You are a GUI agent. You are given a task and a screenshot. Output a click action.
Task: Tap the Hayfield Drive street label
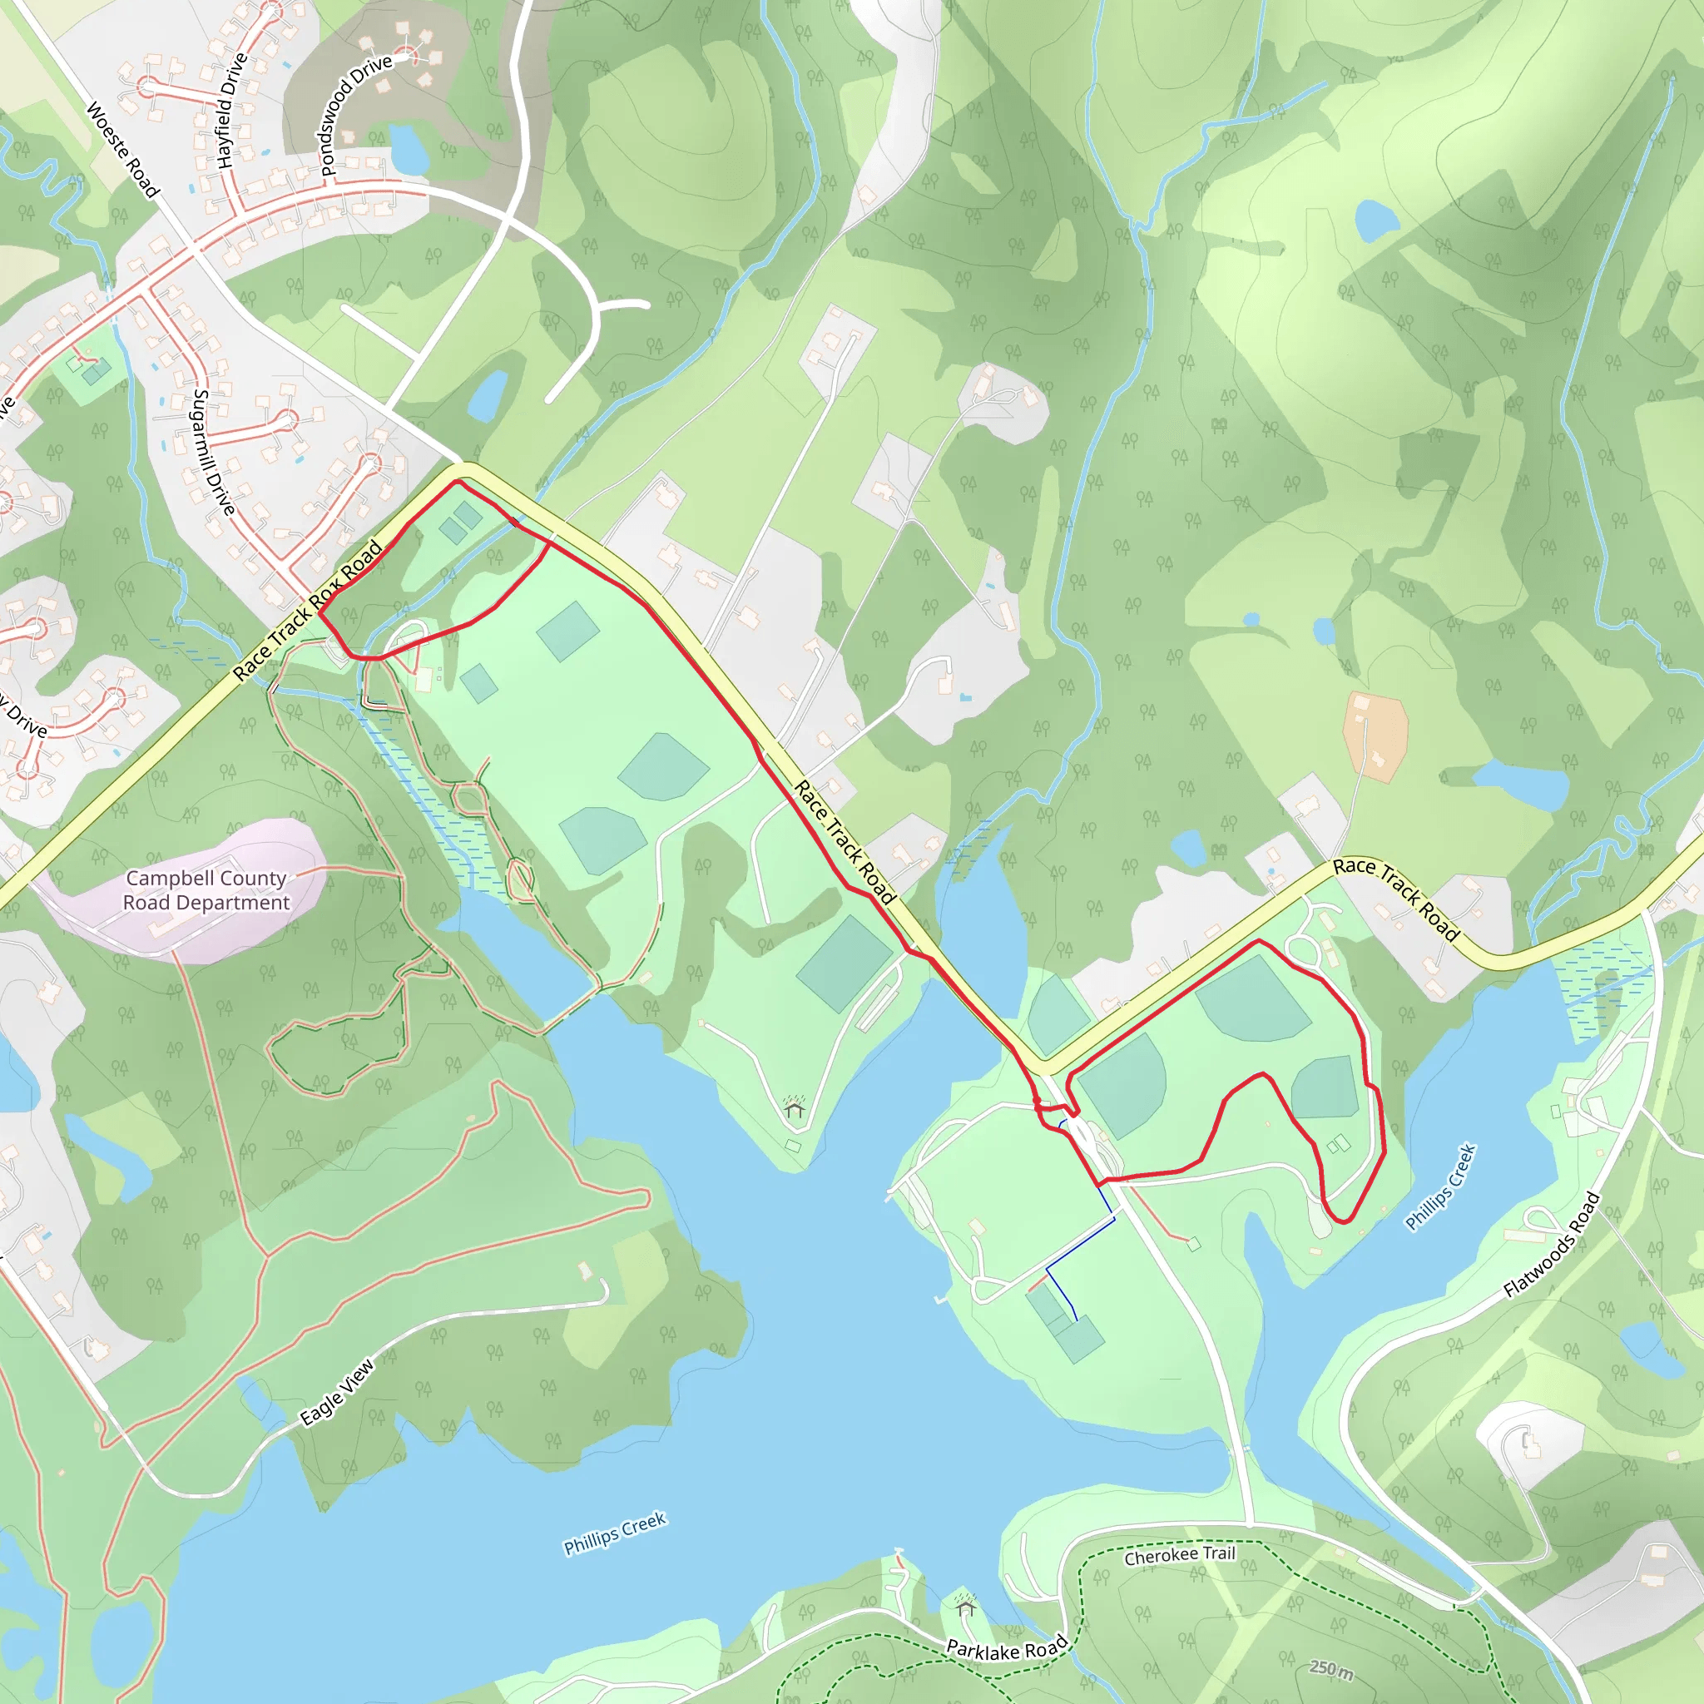point(232,111)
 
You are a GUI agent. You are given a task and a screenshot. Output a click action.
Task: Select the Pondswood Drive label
point(354,116)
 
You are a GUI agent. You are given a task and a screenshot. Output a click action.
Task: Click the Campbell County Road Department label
point(206,890)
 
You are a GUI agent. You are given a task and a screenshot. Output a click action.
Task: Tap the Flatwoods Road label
point(1552,1244)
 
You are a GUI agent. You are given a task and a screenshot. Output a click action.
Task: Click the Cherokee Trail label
point(1179,1555)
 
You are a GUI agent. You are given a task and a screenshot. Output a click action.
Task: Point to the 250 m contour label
point(1331,1669)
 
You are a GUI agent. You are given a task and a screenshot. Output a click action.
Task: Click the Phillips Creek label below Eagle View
point(615,1533)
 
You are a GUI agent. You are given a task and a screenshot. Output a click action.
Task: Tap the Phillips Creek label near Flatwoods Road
point(1439,1186)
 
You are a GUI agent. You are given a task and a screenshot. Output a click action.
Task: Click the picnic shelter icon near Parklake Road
point(966,1607)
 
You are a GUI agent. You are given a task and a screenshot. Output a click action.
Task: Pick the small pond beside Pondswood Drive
point(409,149)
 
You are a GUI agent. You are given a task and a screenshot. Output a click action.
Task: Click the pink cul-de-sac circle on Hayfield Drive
point(270,11)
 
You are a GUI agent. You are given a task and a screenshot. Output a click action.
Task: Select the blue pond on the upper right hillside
point(1376,220)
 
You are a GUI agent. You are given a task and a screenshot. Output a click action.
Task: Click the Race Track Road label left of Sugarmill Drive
point(308,611)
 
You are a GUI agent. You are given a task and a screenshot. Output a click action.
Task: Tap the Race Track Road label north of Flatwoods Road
point(1396,898)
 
